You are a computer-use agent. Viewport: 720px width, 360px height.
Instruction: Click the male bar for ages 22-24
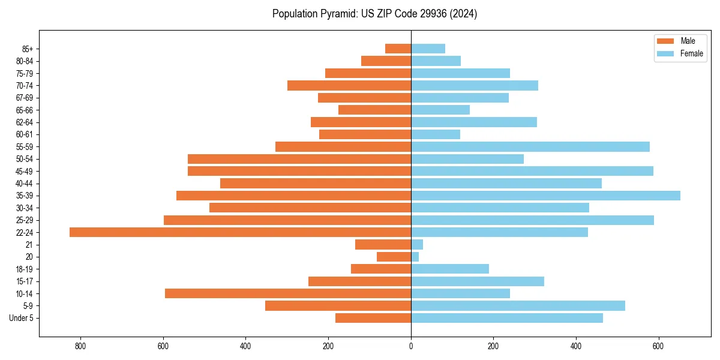click(x=240, y=232)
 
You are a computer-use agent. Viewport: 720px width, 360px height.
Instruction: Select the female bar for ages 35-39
click(x=545, y=196)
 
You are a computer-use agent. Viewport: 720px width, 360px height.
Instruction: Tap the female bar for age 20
click(x=415, y=257)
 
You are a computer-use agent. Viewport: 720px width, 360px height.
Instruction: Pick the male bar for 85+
click(x=398, y=49)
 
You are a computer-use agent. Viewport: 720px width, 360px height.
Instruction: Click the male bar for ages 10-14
click(x=288, y=293)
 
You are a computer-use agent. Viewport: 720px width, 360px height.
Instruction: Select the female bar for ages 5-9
click(x=518, y=305)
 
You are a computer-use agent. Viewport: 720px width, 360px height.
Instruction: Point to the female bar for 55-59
click(x=530, y=146)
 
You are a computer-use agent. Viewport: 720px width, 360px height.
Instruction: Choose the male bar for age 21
click(x=383, y=244)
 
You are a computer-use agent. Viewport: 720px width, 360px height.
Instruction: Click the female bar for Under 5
click(x=507, y=318)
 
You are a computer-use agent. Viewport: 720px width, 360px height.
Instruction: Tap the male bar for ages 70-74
click(x=349, y=85)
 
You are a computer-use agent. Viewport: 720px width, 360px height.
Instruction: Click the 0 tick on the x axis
click(x=411, y=346)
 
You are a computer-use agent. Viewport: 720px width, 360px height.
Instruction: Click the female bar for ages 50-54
click(x=467, y=159)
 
